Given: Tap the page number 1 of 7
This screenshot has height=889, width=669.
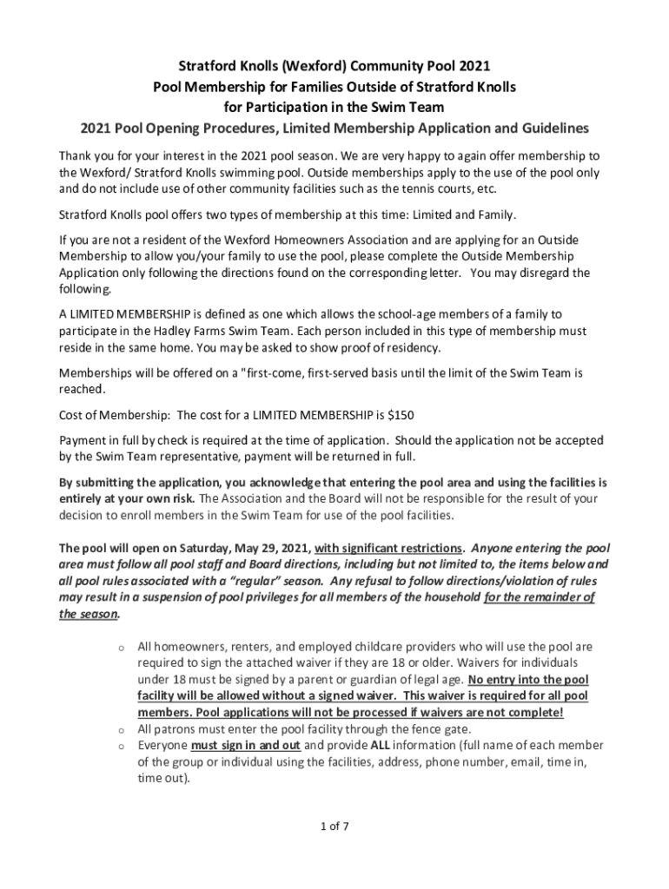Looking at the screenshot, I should point(334,826).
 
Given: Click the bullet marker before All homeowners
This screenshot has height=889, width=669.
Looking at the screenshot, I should point(123,648).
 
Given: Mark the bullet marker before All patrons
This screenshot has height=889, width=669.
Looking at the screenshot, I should point(123,729).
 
